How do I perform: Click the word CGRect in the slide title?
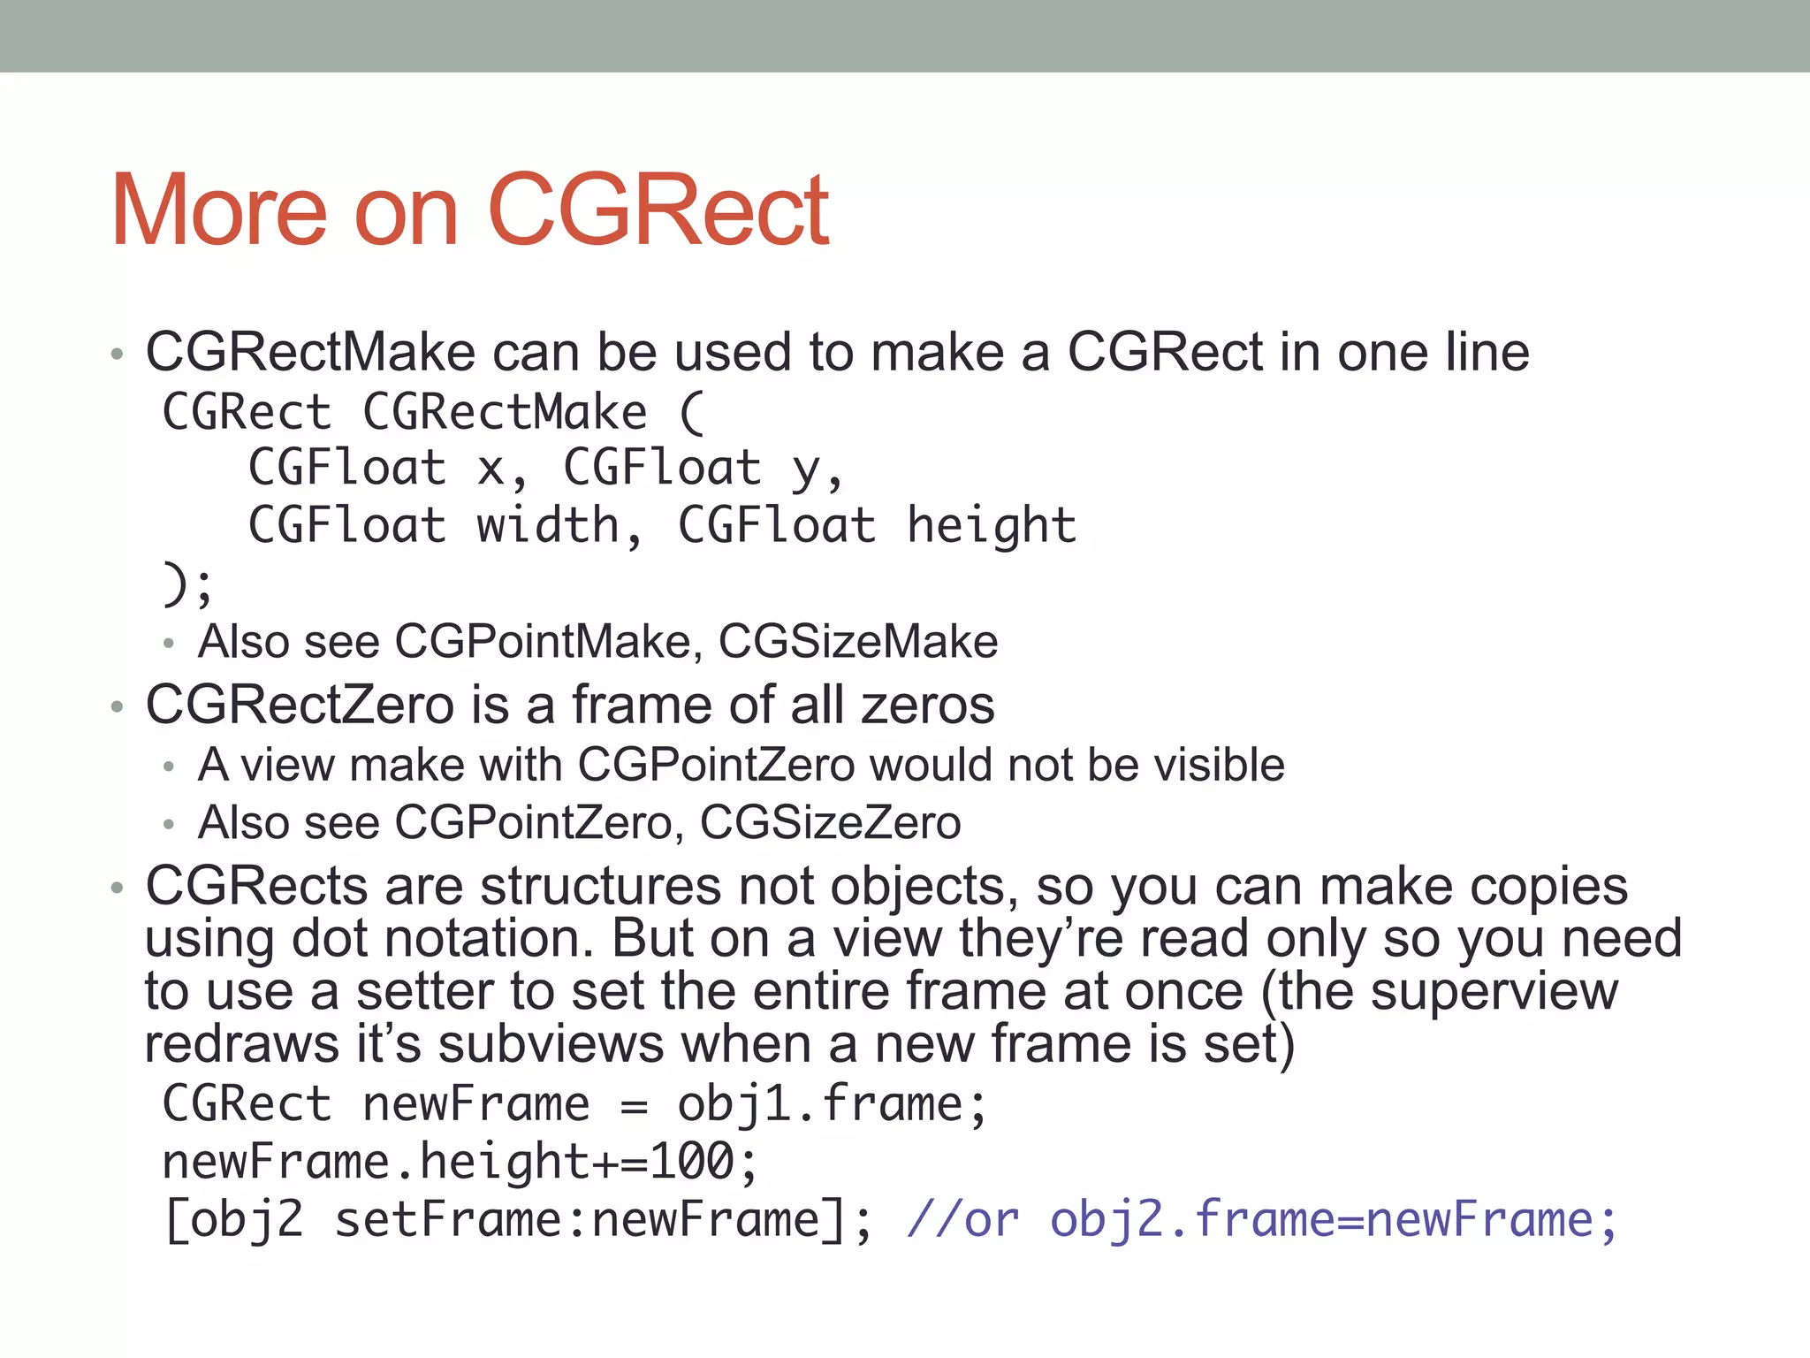click(658, 210)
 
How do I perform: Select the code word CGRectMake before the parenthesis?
click(505, 413)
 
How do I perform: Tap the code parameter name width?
click(548, 526)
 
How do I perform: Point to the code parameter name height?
click(992, 526)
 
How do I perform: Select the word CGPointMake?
click(542, 642)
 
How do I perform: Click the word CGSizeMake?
click(857, 642)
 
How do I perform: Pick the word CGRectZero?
click(300, 706)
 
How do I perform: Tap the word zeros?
click(927, 706)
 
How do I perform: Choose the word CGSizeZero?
click(830, 823)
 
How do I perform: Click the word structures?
click(601, 886)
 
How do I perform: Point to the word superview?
click(1494, 992)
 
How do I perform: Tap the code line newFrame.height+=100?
click(460, 1163)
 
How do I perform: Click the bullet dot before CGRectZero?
click(117, 707)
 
